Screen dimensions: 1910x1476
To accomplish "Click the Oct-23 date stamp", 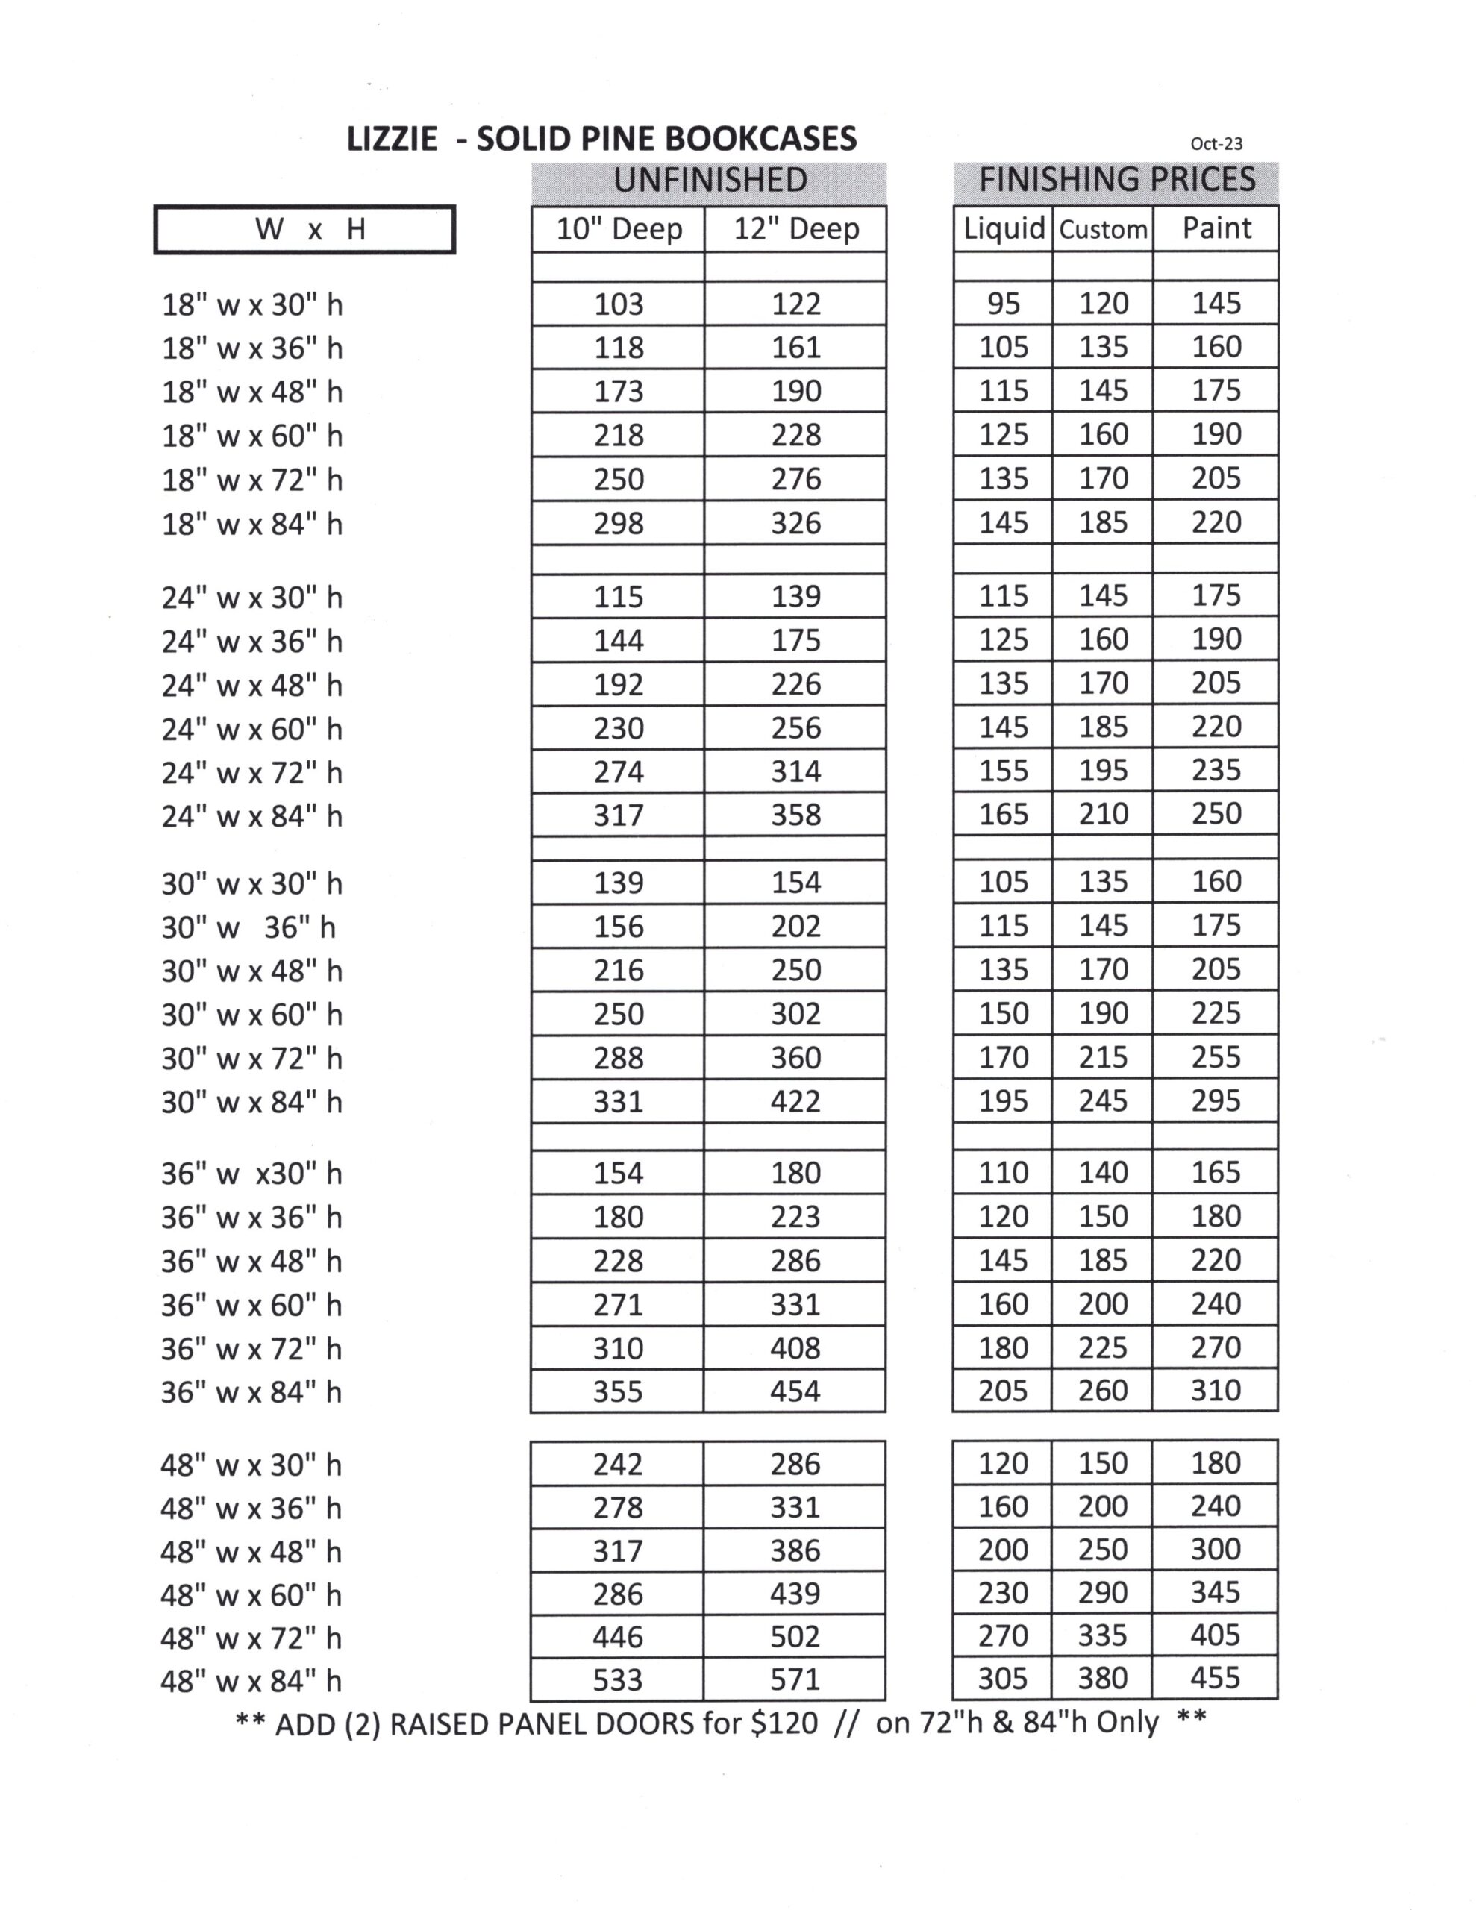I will [1216, 143].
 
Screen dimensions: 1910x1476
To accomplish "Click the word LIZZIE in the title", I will [391, 139].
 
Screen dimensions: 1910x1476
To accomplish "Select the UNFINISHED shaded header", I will [709, 180].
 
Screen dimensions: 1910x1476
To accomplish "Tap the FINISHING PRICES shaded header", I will [1116, 180].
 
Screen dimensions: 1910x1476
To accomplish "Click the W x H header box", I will [304, 230].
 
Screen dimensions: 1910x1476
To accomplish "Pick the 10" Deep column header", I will [619, 229].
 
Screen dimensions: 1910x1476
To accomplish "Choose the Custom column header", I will [1102, 229].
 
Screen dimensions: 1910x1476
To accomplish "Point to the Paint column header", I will [1216, 228].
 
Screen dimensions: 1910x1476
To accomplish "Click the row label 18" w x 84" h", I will [252, 524].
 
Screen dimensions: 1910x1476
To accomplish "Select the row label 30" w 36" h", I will [248, 927].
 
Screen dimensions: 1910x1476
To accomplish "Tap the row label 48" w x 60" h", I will [251, 1595].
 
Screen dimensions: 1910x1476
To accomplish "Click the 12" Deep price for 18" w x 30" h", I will [795, 304].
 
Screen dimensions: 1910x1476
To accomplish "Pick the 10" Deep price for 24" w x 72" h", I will [619, 771].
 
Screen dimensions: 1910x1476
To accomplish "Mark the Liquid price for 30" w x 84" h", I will [1003, 1101].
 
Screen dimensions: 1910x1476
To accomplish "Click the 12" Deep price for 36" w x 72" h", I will [795, 1347].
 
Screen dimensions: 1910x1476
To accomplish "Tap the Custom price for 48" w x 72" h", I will [1102, 1635].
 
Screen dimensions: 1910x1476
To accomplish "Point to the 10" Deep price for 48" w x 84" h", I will [618, 1679].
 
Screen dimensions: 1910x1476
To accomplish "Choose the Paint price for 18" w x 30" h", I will [1216, 304].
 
